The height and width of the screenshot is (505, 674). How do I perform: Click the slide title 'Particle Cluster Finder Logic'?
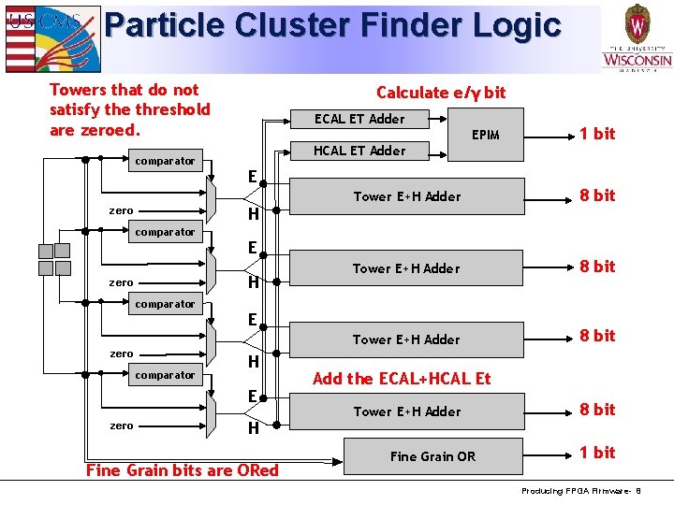(332, 25)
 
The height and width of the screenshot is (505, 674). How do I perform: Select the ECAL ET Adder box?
(359, 119)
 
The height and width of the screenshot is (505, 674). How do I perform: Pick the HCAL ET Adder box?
(359, 151)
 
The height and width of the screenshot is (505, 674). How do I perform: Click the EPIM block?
(485, 135)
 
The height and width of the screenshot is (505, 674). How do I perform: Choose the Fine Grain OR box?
(432, 456)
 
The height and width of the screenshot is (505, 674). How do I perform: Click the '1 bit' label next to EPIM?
(596, 134)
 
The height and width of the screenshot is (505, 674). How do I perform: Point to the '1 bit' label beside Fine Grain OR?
(596, 453)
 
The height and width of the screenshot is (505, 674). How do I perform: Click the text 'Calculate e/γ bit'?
(440, 92)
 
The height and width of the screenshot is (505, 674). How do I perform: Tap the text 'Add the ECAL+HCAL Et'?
(402, 379)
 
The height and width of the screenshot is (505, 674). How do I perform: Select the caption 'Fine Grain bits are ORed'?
(183, 470)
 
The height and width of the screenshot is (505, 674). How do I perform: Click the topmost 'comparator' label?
(165, 161)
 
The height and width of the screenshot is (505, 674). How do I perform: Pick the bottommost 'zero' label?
(122, 426)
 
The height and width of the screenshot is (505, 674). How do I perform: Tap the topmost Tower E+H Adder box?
(407, 196)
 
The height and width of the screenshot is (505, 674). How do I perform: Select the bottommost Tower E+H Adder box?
(407, 411)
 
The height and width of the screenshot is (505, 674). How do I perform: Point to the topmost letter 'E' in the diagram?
(253, 176)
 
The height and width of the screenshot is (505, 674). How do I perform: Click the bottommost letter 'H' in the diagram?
(253, 429)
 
